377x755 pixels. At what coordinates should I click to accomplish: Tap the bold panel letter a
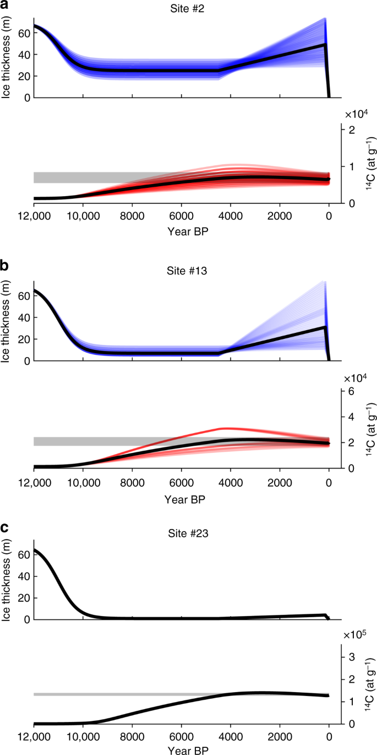pyautogui.click(x=4, y=5)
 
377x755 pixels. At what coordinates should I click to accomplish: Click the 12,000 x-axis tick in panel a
pyautogui.click(x=34, y=217)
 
